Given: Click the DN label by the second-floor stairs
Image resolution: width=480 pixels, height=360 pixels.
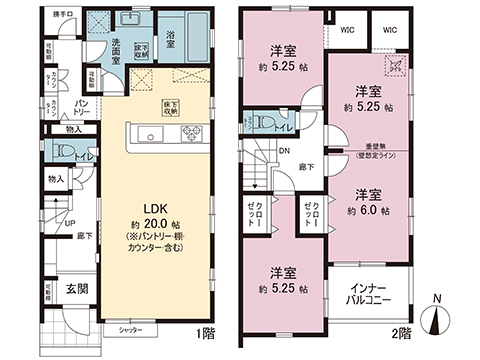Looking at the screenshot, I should pyautogui.click(x=284, y=152).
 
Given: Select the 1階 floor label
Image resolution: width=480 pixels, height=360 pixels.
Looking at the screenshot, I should pyautogui.click(x=206, y=333).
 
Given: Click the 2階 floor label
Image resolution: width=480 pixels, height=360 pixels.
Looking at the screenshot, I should pyautogui.click(x=401, y=333).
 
